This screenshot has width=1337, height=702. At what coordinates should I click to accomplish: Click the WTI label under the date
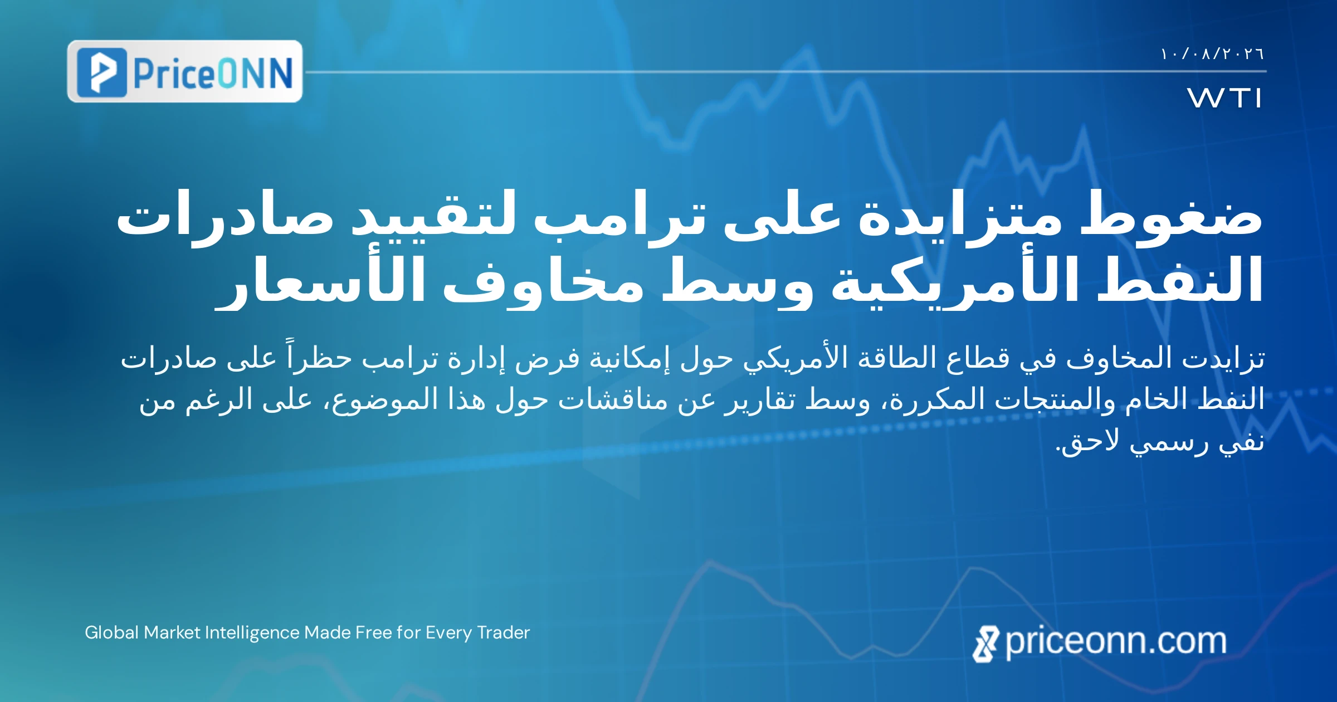1224,97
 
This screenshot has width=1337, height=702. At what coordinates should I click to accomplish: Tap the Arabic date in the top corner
1212,54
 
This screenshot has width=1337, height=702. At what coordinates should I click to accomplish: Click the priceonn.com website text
1116,641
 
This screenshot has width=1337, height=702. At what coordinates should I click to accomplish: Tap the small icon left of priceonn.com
985,644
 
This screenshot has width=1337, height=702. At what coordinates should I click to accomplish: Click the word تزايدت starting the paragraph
1222,358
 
